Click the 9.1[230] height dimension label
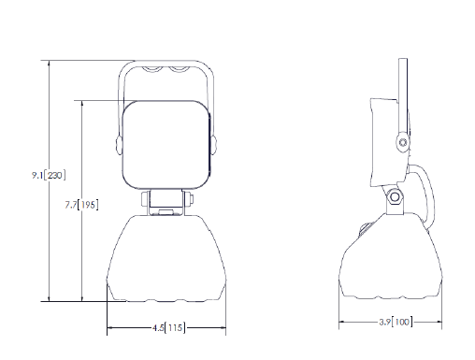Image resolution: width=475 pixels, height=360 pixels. [49, 176]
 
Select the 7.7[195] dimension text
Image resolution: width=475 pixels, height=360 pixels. [81, 205]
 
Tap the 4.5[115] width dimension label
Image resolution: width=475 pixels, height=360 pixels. [168, 328]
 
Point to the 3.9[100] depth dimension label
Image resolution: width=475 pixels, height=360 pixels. [396, 322]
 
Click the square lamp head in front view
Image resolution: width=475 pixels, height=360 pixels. [166, 145]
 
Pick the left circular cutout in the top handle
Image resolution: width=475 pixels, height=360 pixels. [151, 69]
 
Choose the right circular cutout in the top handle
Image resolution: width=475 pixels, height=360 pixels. [179, 69]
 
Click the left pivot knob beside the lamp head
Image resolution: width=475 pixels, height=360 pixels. [119, 145]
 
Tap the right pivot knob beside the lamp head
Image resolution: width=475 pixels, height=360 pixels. [213, 145]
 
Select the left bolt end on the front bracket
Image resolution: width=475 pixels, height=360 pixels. [145, 199]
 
